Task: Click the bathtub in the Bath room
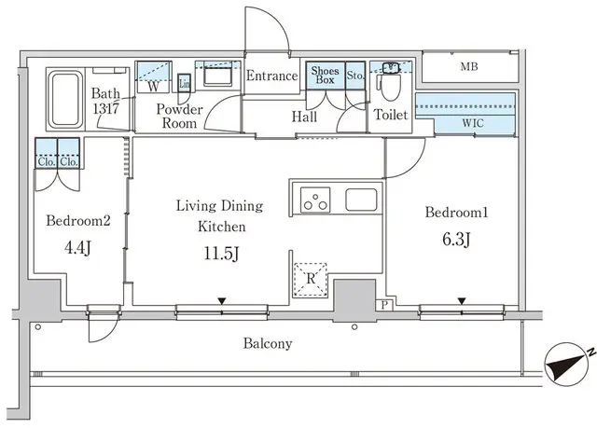63,100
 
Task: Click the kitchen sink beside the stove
360,199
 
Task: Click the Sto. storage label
354,75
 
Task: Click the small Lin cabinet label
185,84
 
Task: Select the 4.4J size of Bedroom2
78,249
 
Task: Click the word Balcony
268,343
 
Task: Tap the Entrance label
272,76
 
